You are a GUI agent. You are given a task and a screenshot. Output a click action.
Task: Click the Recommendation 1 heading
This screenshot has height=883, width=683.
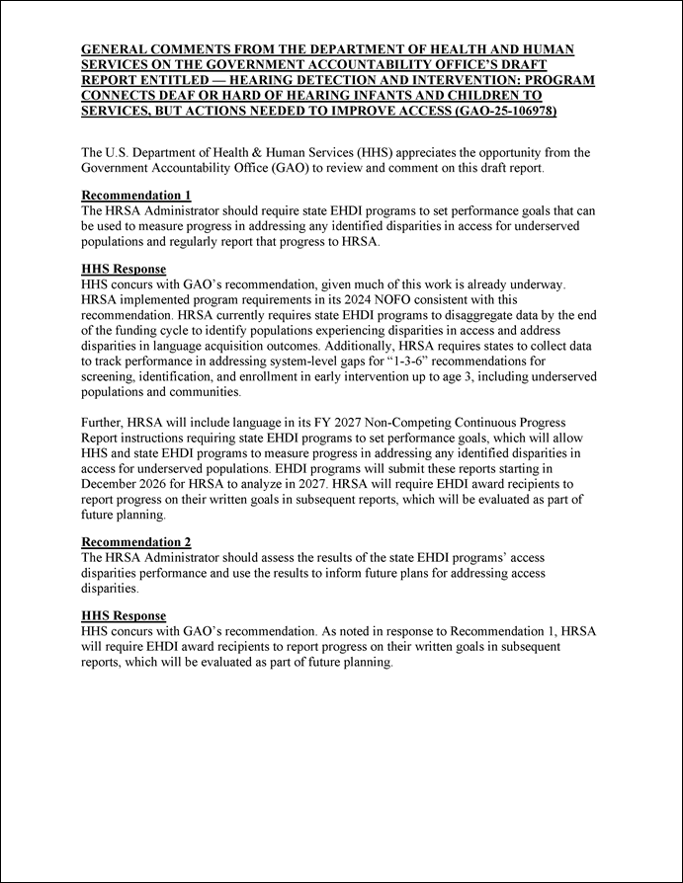tap(135, 195)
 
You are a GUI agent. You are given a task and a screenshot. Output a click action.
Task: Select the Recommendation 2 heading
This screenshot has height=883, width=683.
tap(135, 542)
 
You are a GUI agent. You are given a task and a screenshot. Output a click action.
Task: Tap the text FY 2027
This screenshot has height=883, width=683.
tap(341, 423)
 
